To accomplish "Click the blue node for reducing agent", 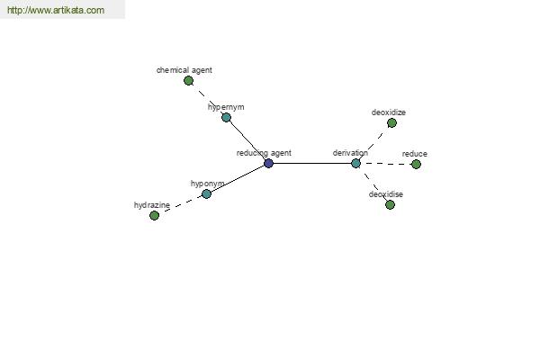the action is click(x=268, y=163).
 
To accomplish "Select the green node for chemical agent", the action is click(x=188, y=81).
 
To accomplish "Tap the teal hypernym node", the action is click(x=226, y=118).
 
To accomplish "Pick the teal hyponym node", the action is click(x=206, y=194).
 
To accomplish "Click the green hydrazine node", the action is click(x=154, y=216).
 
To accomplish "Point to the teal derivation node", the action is click(x=355, y=163).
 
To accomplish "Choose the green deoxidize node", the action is click(x=391, y=123).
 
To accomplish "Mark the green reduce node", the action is click(x=416, y=165).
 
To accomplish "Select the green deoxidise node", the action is click(x=390, y=205).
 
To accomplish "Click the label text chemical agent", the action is click(x=184, y=70).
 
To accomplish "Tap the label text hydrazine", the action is click(x=152, y=205).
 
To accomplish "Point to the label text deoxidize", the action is click(x=389, y=112).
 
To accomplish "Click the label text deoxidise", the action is click(x=386, y=194).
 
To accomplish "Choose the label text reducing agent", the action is click(x=264, y=153).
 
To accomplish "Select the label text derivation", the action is click(x=350, y=153).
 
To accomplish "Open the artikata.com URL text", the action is click(x=56, y=10).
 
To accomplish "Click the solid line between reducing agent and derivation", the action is click(x=312, y=163).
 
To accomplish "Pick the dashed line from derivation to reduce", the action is click(x=386, y=164).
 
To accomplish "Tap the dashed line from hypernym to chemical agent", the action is click(x=207, y=99).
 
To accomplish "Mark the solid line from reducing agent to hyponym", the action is click(x=238, y=178).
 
